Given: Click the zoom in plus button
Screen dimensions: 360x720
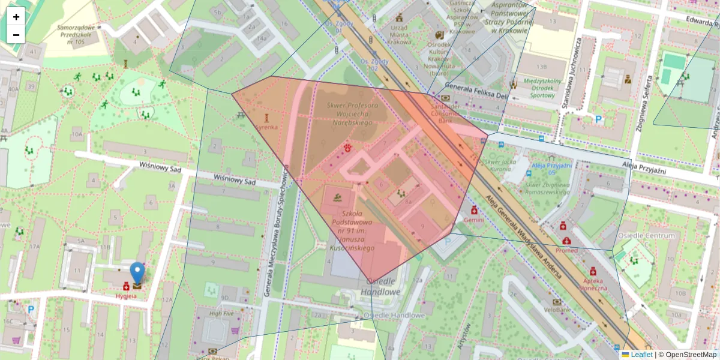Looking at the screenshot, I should (x=16, y=17).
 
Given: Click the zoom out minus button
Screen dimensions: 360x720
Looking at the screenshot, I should (x=16, y=35).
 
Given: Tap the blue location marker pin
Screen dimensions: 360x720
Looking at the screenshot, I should (x=137, y=272).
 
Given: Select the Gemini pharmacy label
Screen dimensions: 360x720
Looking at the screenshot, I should (x=474, y=220).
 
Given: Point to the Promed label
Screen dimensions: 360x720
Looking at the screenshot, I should (x=566, y=250).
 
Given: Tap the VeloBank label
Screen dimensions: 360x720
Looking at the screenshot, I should (x=557, y=310).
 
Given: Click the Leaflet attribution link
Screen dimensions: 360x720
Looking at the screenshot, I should (x=641, y=355).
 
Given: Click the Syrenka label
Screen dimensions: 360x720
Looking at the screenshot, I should (x=266, y=127).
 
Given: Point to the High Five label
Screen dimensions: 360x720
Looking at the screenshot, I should (x=221, y=313).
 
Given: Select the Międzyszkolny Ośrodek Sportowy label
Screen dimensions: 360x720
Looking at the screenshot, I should (x=541, y=87).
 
